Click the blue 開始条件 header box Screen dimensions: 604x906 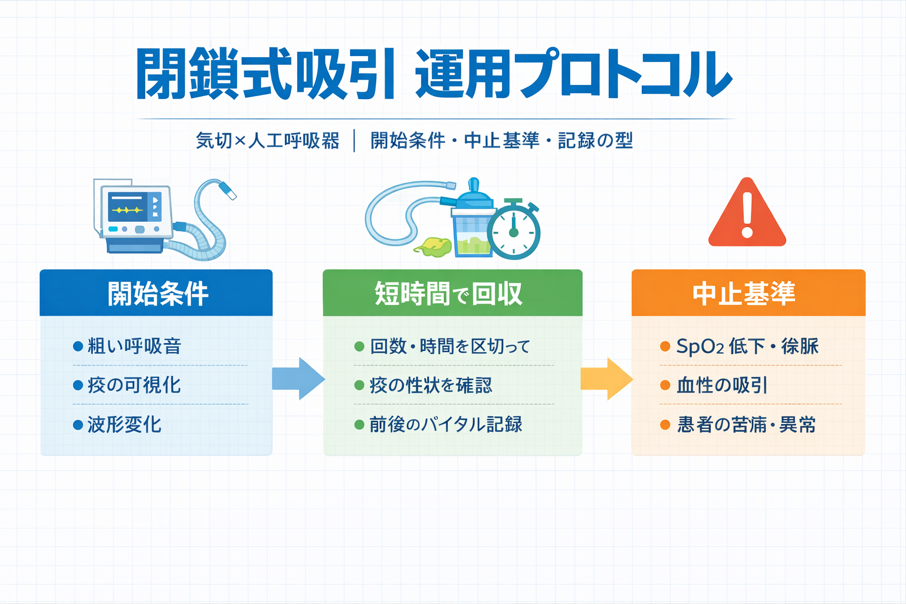[156, 293]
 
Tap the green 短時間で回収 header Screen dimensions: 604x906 [452, 293]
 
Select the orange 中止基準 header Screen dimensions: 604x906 [748, 293]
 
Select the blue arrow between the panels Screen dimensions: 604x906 [298, 379]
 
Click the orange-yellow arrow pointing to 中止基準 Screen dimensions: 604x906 [606, 379]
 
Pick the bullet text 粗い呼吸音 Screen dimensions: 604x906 [134, 346]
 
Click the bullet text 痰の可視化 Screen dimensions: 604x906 [134, 385]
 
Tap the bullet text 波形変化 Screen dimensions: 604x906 [124, 425]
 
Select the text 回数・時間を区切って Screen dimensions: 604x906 [449, 346]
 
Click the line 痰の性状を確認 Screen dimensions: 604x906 [431, 386]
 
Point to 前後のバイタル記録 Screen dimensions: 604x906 [445, 425]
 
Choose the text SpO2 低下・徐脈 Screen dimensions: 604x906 [747, 346]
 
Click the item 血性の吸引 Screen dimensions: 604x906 [722, 386]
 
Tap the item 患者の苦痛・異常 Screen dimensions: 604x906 [746, 425]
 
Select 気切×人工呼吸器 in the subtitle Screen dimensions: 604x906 [268, 141]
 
